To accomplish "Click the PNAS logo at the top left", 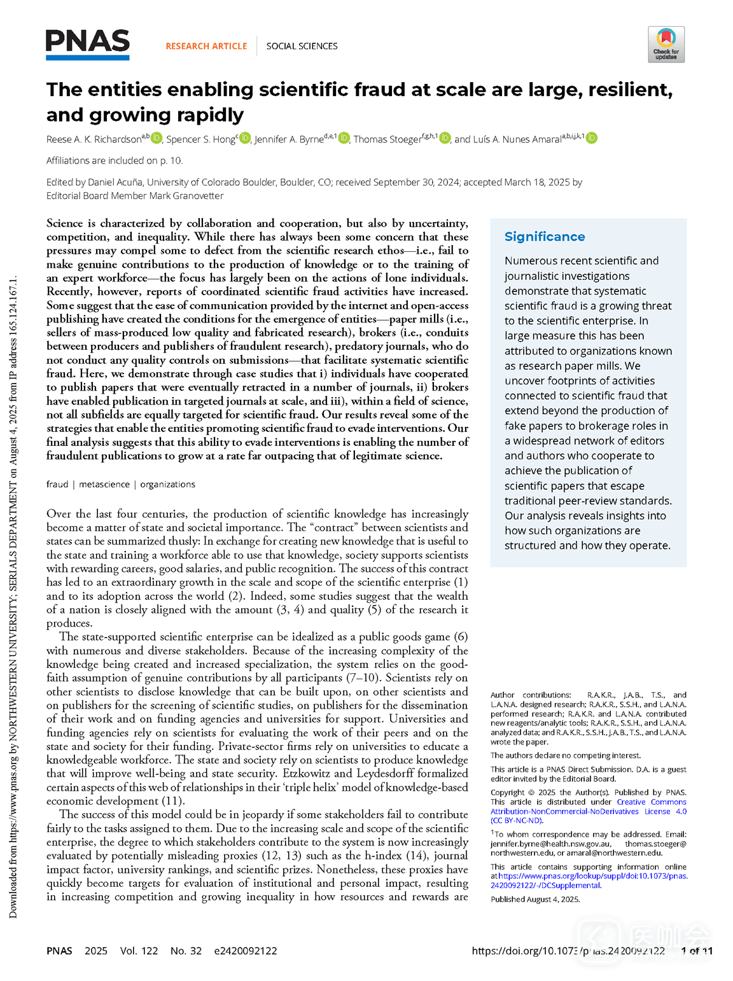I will (88, 44).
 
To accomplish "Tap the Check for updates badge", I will (666, 44).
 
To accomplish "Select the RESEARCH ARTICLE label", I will (206, 46).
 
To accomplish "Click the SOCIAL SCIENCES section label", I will (302, 46).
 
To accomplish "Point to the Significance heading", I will (545, 237).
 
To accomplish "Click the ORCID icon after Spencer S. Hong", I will (245, 138).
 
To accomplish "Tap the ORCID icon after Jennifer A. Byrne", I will (344, 138).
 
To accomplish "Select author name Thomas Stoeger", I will (387, 139).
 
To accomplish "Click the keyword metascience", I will (104, 484).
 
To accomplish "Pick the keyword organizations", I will (167, 484).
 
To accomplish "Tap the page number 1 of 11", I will (697, 950).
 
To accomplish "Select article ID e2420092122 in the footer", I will (246, 950).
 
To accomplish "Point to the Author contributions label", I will (531, 695).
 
